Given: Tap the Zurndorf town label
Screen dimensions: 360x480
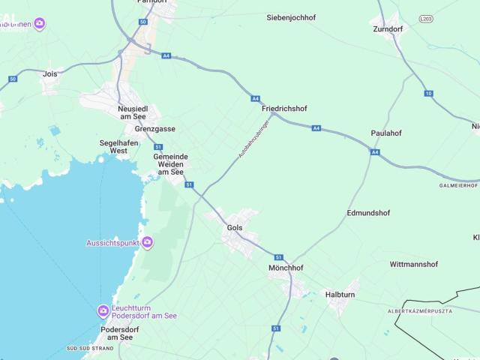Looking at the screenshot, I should pos(388,29).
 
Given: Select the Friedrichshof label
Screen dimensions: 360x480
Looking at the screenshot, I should pos(284,109).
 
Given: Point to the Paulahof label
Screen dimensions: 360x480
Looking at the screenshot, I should pos(386,133).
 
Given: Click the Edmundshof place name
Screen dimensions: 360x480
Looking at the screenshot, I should pos(368,213).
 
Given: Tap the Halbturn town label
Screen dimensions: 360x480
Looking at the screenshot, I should pos(339,295).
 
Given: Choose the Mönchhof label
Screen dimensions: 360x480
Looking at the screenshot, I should pos(286,267).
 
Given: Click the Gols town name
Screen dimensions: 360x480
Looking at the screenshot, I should pos(234,226).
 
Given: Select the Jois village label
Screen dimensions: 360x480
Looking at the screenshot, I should pos(50,74).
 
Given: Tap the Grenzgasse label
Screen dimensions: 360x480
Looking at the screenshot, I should pos(156,129).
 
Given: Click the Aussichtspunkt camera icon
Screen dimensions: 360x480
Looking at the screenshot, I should pos(148,242).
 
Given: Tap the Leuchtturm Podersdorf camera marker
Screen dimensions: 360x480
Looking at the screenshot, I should pos(103,311).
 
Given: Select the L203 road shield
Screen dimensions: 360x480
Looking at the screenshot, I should pos(427,17).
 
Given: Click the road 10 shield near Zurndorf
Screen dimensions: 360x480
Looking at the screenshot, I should pos(428,93).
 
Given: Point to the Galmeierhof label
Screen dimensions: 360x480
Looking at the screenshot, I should pos(458,185).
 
